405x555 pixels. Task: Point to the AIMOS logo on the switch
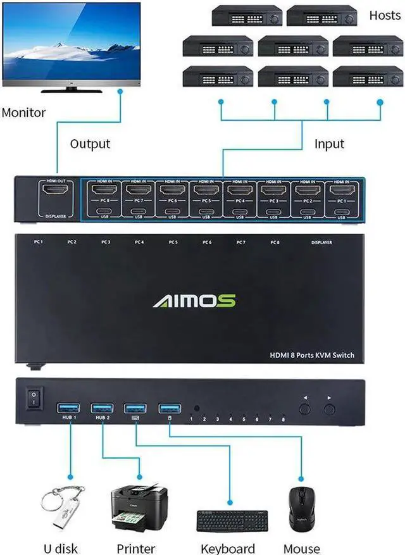click(194, 300)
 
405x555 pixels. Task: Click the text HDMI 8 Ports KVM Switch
click(311, 356)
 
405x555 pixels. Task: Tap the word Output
click(90, 144)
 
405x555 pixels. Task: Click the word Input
click(329, 144)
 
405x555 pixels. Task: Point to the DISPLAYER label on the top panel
click(321, 242)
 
